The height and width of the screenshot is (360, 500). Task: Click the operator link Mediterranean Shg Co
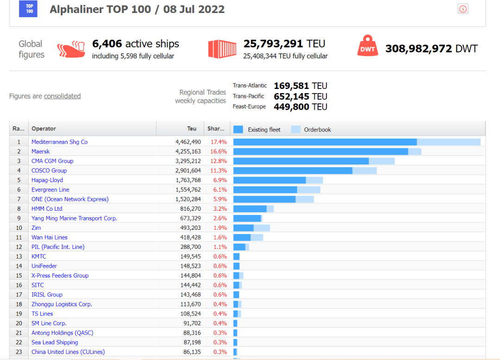(59, 142)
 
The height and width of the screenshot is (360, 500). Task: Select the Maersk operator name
(40, 152)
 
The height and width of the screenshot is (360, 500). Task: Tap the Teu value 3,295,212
(188, 161)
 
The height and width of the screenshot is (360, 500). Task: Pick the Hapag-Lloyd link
(47, 180)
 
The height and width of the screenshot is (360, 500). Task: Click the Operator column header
(44, 129)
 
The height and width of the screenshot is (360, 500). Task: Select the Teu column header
(192, 129)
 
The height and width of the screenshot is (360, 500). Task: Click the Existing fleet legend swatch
(238, 129)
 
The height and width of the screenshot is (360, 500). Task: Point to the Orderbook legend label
(317, 130)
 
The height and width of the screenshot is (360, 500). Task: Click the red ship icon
(71, 49)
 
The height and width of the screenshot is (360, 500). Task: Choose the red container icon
(219, 49)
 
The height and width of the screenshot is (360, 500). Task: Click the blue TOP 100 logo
(28, 8)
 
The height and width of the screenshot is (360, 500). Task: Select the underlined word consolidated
(62, 96)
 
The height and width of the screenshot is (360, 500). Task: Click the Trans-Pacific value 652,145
(292, 96)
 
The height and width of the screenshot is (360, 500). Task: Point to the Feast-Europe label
(249, 107)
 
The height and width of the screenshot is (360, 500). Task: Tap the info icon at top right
(463, 8)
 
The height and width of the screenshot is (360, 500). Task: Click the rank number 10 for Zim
(19, 227)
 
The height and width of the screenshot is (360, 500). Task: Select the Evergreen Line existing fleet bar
(265, 189)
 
